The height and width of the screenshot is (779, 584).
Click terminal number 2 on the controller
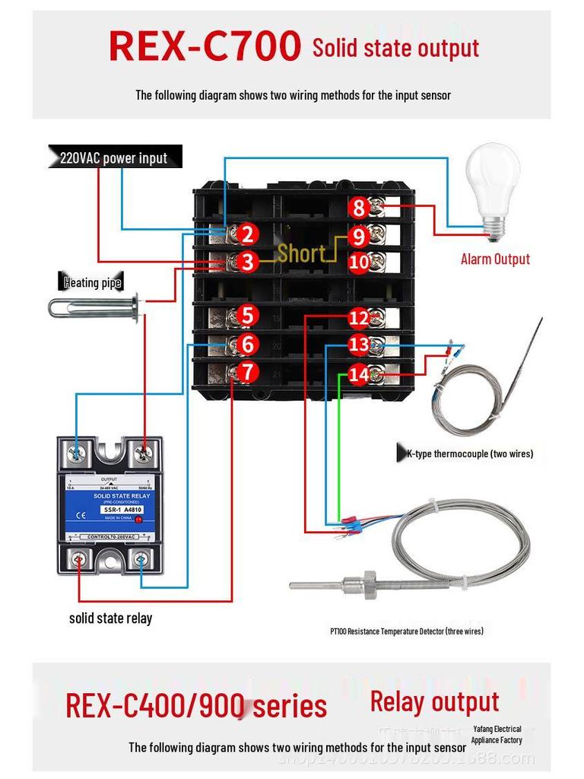[246, 234]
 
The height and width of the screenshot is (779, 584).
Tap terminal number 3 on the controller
[246, 262]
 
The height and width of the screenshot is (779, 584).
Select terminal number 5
[246, 315]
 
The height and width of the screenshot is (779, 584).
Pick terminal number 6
[246, 345]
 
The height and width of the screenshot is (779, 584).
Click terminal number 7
[246, 373]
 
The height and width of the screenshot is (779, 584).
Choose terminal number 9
[359, 237]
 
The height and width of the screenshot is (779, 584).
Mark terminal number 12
[359, 318]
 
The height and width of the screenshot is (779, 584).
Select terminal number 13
[359, 345]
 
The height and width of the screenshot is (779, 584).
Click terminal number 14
[359, 374]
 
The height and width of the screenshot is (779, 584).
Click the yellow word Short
[301, 253]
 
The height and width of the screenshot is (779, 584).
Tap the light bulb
[492, 183]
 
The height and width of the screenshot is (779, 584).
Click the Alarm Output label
[495, 259]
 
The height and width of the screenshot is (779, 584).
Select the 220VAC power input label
[114, 158]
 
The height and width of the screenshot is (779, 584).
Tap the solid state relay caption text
[110, 618]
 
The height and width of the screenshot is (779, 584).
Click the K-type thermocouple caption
[469, 454]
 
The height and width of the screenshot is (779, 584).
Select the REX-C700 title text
[205, 47]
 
